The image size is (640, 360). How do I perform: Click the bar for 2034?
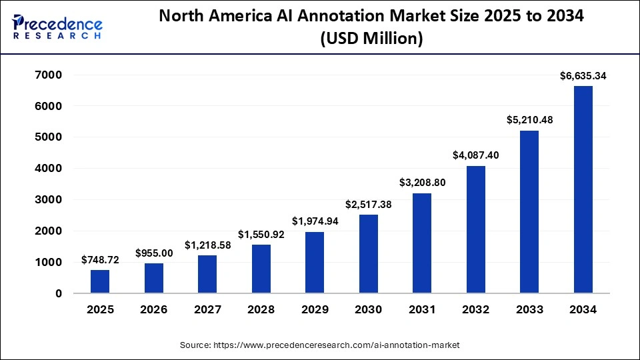[583, 189]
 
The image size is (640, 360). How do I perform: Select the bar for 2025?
[100, 281]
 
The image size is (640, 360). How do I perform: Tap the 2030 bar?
[368, 253]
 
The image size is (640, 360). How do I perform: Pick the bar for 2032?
[475, 229]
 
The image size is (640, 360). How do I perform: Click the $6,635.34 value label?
[583, 76]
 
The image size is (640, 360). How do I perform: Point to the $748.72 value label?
[100, 260]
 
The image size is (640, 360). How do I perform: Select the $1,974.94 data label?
[315, 221]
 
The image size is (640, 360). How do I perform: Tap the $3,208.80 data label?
[422, 182]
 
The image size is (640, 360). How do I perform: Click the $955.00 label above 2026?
[154, 253]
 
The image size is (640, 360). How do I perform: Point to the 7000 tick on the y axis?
[49, 75]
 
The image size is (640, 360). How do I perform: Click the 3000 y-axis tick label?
[49, 200]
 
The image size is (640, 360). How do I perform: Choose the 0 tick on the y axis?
[59, 293]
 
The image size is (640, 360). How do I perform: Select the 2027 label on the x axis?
[207, 309]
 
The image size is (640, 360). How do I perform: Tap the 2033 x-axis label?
[529, 309]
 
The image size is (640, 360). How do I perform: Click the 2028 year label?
[261, 309]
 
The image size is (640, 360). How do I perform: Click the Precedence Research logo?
[57, 26]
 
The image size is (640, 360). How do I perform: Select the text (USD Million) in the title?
[371, 39]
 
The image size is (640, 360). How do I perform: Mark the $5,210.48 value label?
[529, 120]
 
